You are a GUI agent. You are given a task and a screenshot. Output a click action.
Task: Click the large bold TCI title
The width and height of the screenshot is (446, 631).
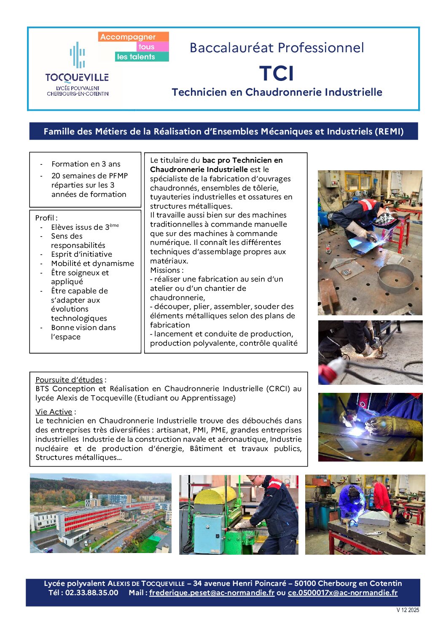point(277,73)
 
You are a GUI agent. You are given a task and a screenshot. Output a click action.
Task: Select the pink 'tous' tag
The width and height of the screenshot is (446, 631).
point(146,47)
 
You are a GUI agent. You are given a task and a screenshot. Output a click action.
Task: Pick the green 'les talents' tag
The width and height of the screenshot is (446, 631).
point(136,56)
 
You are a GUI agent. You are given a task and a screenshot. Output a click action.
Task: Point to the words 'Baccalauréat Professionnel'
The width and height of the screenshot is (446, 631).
point(277,48)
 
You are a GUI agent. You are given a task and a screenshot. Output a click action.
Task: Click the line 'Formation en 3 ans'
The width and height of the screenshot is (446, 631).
point(86,164)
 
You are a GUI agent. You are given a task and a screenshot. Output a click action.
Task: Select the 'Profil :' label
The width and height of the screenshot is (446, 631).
point(46,218)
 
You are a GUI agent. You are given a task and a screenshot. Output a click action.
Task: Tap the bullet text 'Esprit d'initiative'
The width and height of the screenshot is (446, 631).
point(81,254)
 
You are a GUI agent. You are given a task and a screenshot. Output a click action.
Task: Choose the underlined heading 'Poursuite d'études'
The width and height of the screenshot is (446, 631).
point(69,380)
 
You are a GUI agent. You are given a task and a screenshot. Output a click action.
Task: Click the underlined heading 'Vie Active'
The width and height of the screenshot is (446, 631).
point(54,412)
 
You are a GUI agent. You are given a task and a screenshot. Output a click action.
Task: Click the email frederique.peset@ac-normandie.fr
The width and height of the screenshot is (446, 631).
point(212,593)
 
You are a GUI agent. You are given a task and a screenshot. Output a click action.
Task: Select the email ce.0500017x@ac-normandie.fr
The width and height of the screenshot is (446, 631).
point(342,593)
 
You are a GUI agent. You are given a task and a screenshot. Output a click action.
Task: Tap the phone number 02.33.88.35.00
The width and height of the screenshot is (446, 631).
point(91,593)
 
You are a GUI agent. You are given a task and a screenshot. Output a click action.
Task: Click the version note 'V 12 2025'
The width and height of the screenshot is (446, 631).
point(408,610)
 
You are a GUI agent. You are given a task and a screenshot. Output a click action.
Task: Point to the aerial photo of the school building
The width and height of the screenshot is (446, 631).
point(101,513)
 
